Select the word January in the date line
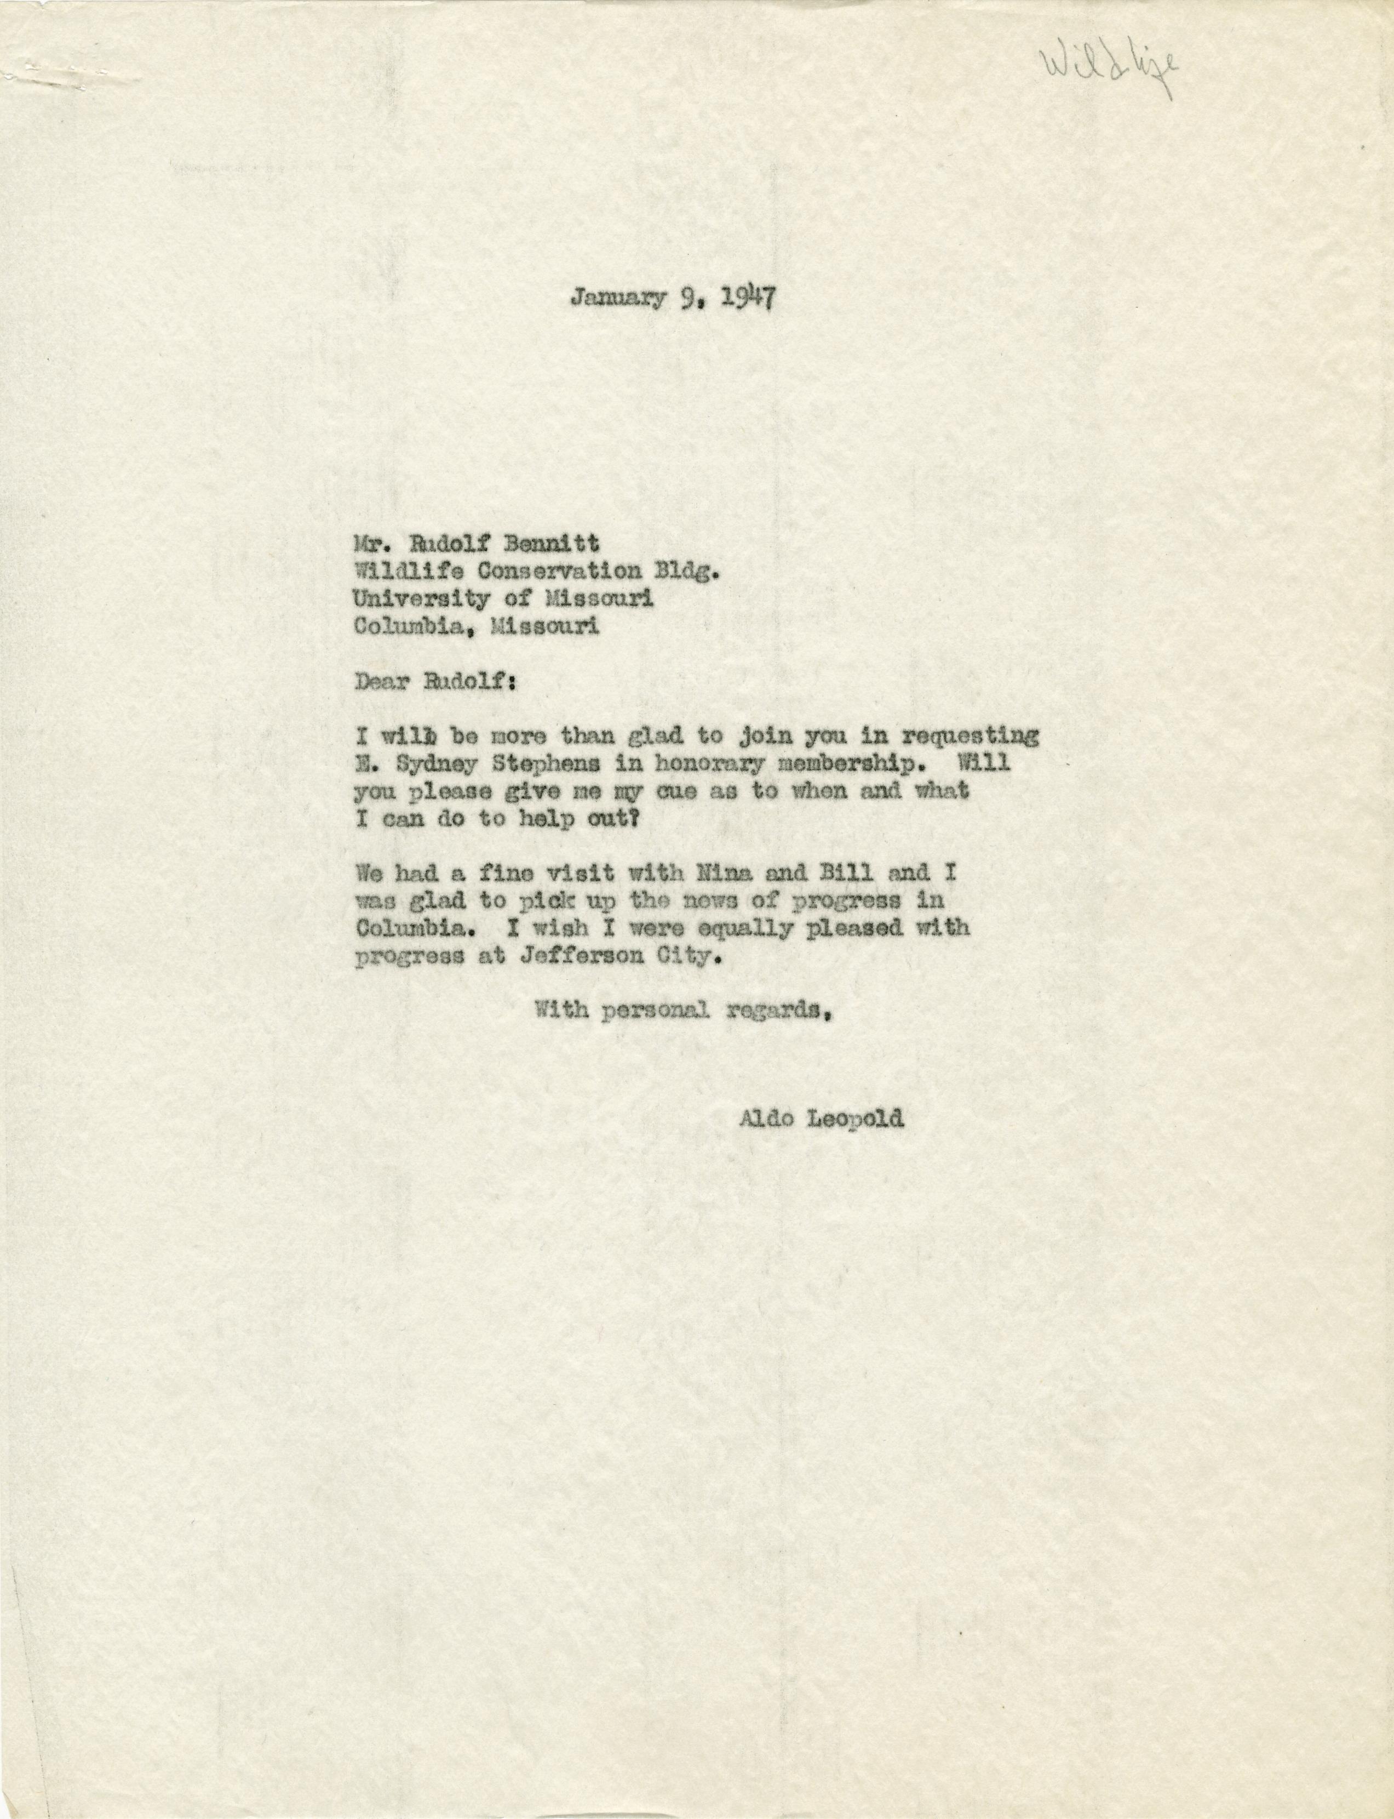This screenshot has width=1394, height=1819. coord(618,297)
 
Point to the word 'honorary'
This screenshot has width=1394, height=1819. coord(714,763)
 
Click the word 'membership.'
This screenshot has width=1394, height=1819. coord(859,763)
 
